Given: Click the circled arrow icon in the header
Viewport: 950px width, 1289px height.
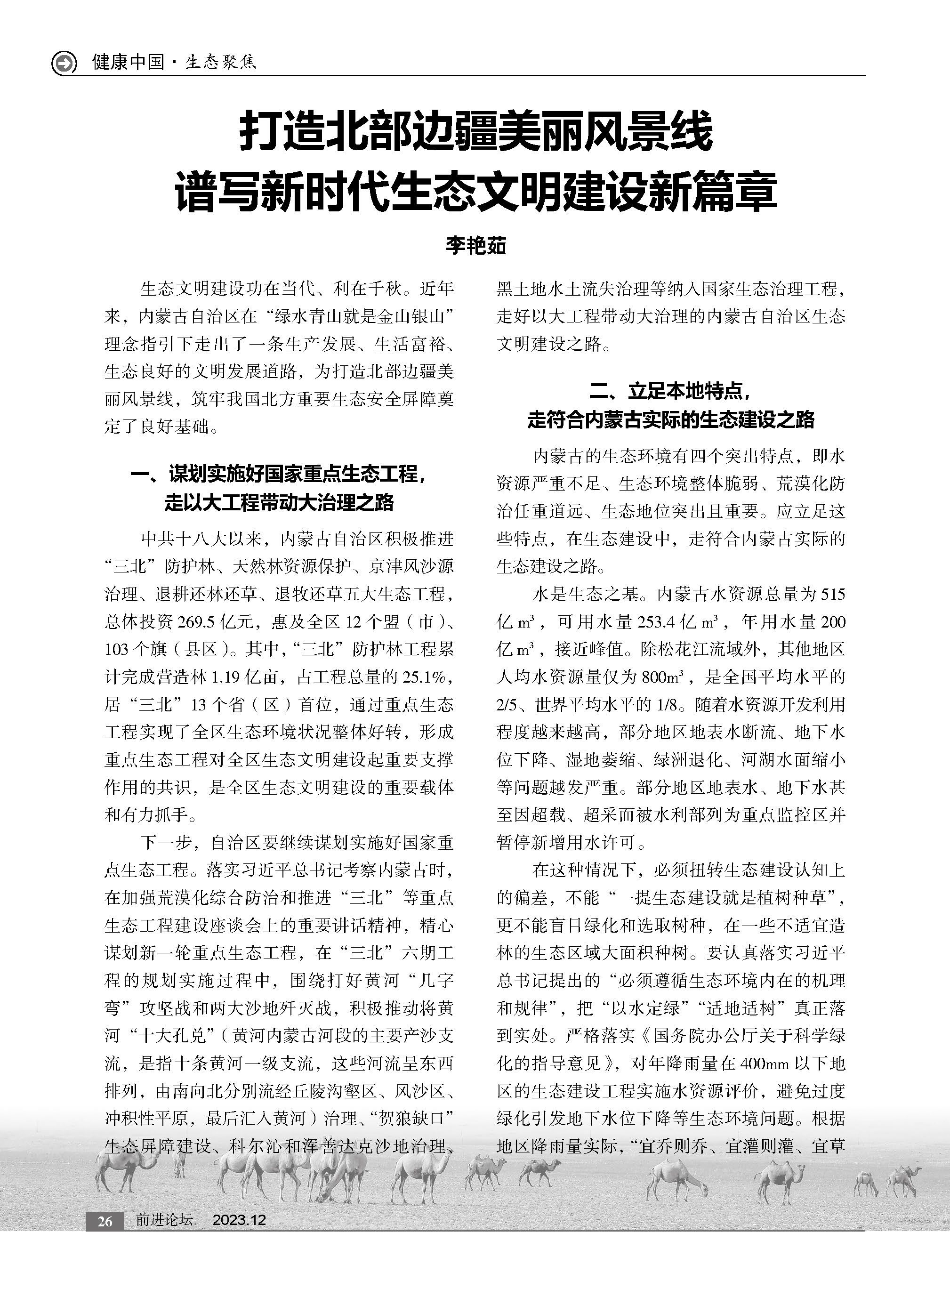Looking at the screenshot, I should pos(64,62).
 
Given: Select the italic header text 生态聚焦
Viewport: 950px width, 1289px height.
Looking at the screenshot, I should pos(221,62).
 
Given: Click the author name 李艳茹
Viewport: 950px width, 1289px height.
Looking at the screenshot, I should pos(475,246).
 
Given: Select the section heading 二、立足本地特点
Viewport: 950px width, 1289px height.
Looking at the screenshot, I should pos(670,392).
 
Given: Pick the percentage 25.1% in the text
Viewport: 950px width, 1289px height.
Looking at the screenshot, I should pos(424,677).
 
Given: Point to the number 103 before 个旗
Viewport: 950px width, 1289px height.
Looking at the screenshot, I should pos(117,650).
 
